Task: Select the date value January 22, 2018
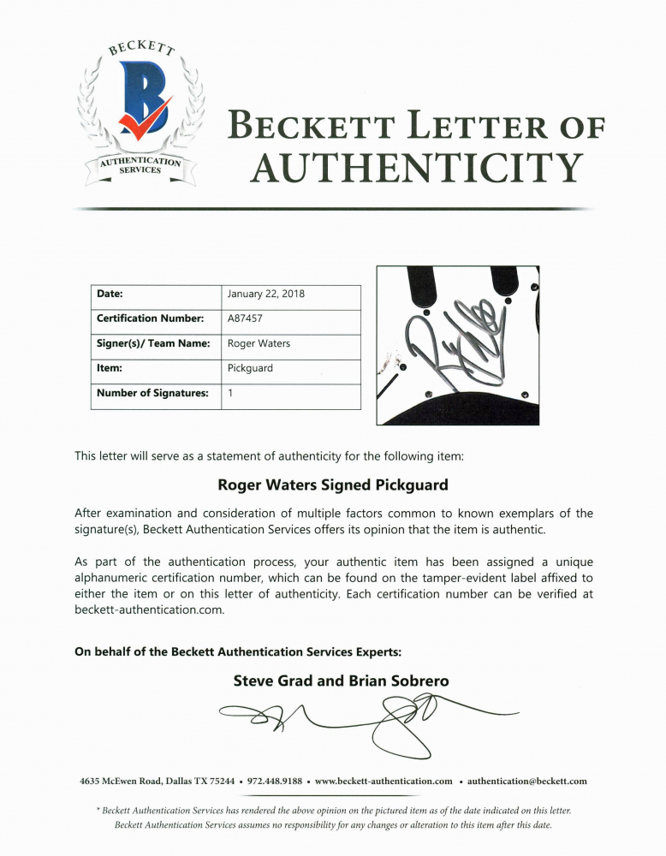[266, 294]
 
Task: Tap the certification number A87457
[246, 318]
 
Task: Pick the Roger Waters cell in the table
[259, 343]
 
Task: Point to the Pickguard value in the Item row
[250, 368]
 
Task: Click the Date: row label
[110, 294]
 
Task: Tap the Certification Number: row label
[149, 318]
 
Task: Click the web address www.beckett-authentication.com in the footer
[384, 781]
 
